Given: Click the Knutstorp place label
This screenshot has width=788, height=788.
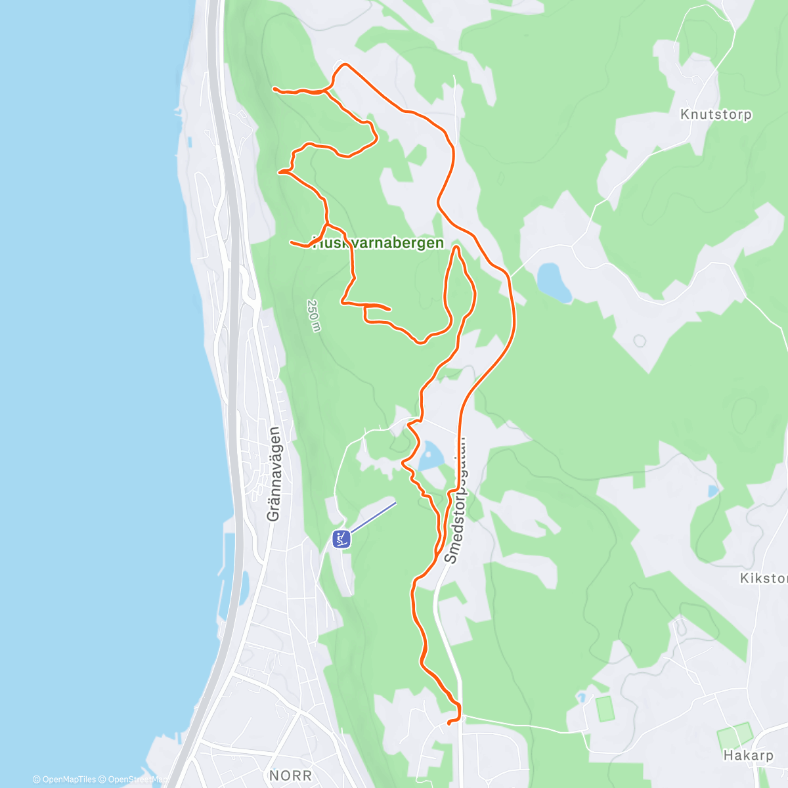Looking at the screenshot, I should click(x=716, y=114).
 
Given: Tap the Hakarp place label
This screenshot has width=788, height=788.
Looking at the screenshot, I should click(x=748, y=755).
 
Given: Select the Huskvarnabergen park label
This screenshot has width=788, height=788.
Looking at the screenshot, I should click(x=378, y=243).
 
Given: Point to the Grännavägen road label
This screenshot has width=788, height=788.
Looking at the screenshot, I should click(x=274, y=474).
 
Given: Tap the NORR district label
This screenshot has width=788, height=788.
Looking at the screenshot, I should click(x=290, y=776).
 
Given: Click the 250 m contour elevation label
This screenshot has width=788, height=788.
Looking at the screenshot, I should click(x=313, y=316).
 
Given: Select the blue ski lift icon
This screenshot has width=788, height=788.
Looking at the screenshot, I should click(x=341, y=539).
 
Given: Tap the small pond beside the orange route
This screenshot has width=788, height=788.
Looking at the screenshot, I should click(x=431, y=455).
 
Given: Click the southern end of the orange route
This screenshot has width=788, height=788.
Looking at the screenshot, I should click(x=449, y=723).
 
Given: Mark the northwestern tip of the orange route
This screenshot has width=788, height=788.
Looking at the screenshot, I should click(x=274, y=88).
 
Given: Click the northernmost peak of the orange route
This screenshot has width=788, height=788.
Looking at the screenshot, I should click(x=344, y=64).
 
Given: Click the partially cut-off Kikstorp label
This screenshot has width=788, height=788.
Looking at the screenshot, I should click(x=763, y=579).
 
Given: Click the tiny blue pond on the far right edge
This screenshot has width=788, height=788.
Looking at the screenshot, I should click(x=713, y=491).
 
